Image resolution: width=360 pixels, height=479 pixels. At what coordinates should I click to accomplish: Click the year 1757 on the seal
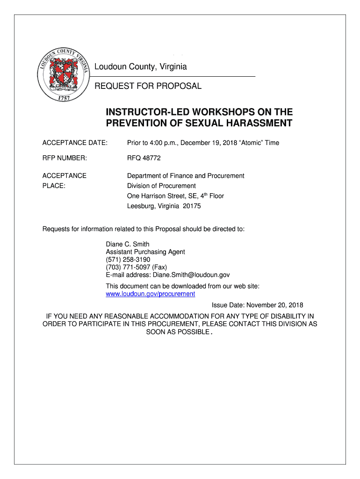coord(64,98)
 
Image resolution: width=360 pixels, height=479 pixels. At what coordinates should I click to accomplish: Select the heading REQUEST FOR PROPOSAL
coord(148,86)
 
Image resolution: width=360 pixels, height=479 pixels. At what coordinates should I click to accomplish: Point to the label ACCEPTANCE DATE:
coord(75,143)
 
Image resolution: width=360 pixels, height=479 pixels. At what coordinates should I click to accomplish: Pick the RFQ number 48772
coord(151,158)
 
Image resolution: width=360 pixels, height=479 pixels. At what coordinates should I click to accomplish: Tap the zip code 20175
coord(192,206)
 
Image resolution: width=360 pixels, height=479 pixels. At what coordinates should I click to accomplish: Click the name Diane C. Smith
coord(128,244)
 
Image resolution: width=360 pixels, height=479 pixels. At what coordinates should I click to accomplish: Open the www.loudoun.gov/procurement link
coord(151,294)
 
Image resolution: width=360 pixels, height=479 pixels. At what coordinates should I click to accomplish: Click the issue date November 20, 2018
coord(275,305)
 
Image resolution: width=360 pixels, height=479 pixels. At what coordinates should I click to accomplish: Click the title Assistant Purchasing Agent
coord(145,252)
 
